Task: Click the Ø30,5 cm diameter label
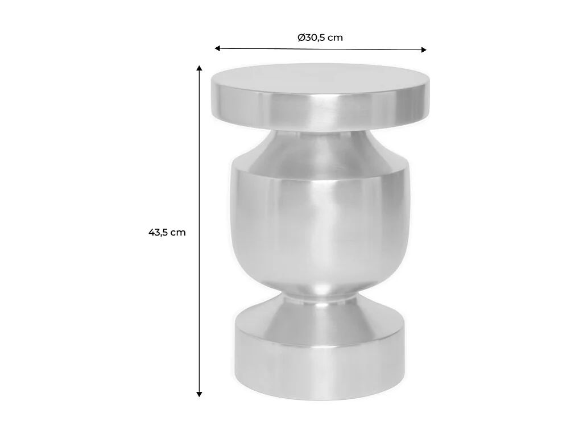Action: (320, 38)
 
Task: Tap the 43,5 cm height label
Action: (167, 232)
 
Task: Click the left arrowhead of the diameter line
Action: (217, 48)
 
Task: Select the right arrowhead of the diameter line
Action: (424, 50)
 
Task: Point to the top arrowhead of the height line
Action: (200, 68)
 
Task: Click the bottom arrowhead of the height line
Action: (200, 394)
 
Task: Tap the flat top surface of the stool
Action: (320, 78)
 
